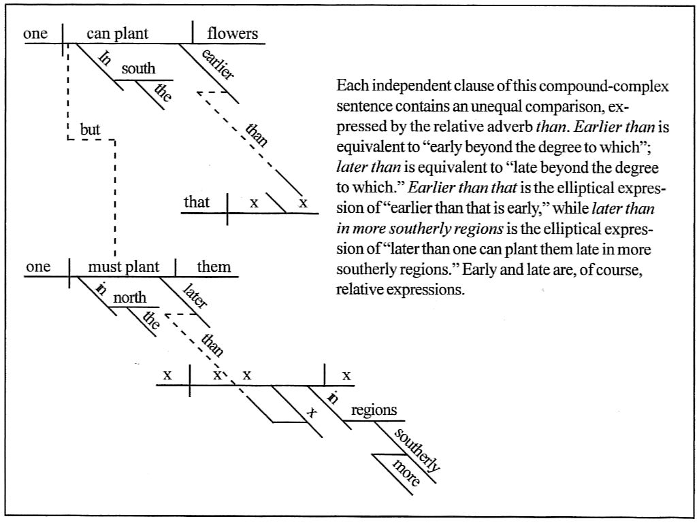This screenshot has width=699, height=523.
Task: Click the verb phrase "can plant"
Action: pos(117,33)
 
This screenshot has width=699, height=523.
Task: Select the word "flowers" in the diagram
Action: pos(233,33)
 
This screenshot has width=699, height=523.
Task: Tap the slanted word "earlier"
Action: pos(219,66)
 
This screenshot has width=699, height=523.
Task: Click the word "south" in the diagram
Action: pos(138,69)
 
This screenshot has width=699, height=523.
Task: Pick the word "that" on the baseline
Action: pos(197,202)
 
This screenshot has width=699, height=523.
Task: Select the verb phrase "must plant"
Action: pos(124,267)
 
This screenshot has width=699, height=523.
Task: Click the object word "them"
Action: pos(214,267)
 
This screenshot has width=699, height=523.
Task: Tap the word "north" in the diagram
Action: pos(129,297)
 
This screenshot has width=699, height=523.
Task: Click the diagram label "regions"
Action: pos(374,411)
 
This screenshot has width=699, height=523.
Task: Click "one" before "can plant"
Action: pos(35,33)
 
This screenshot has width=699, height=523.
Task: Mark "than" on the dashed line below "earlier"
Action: pos(257,133)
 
